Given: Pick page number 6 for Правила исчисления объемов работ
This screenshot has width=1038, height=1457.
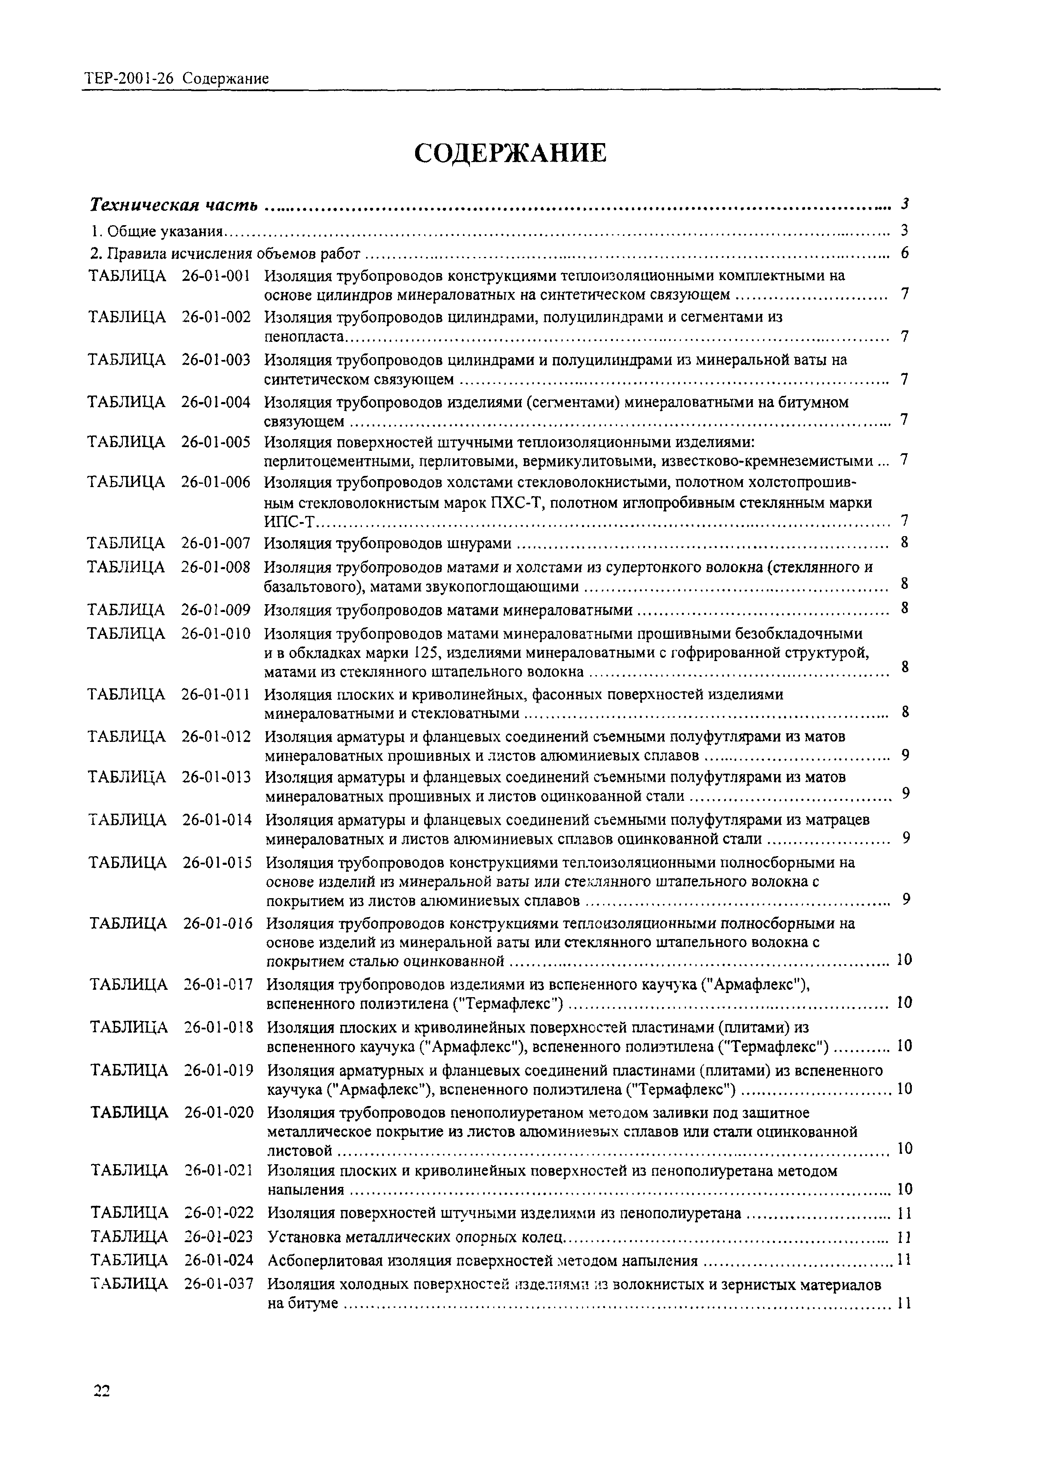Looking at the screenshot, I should (904, 253).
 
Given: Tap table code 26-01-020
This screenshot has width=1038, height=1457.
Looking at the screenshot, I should (218, 1112).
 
